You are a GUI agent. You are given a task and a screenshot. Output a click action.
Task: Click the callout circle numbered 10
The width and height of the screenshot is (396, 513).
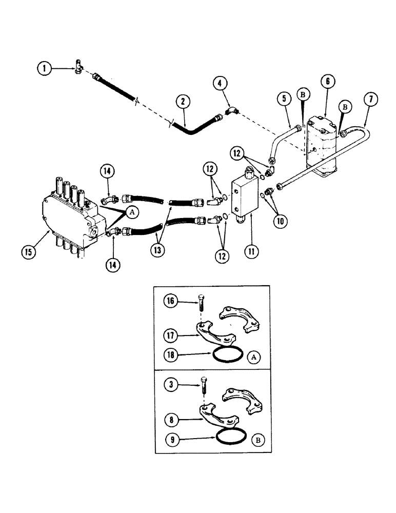[281, 222]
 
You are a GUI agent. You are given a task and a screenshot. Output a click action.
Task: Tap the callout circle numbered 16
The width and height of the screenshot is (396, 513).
[170, 301]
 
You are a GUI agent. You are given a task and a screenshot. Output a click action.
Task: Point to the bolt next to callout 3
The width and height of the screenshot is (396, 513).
[204, 396]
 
